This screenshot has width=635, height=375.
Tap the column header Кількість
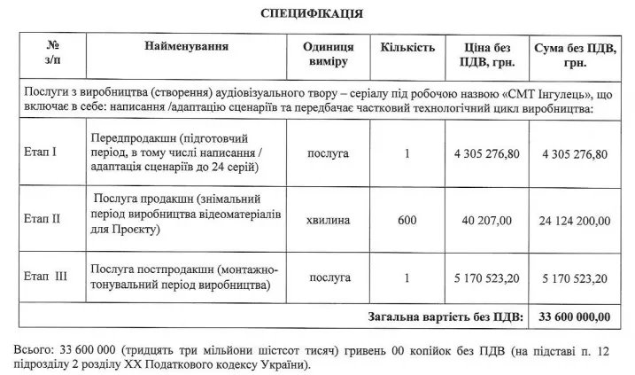click(x=407, y=45)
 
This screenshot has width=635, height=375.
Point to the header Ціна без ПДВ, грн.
click(x=486, y=53)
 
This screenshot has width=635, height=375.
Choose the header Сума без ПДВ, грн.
click(x=574, y=54)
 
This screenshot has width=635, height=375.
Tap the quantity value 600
click(x=407, y=217)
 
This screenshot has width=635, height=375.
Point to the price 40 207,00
click(x=486, y=217)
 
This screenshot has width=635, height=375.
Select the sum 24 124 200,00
click(x=573, y=217)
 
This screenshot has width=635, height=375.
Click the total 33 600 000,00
click(x=573, y=316)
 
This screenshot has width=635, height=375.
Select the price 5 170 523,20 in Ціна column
click(x=486, y=277)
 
